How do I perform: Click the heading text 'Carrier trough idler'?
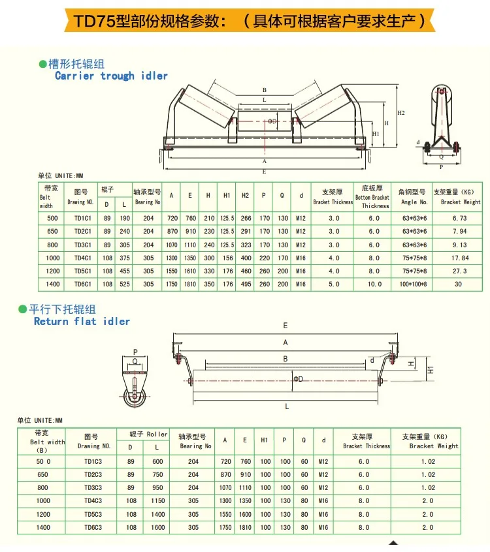pyautogui.click(x=111, y=76)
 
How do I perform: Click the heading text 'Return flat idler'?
pyautogui.click(x=82, y=321)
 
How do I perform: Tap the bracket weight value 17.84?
pyautogui.click(x=460, y=258)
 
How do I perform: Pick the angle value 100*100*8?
pyautogui.click(x=413, y=284)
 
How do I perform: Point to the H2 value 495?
pyautogui.click(x=245, y=284)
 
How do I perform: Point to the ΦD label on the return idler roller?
pyautogui.click(x=297, y=378)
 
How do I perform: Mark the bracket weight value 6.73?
pyautogui.click(x=460, y=218)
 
